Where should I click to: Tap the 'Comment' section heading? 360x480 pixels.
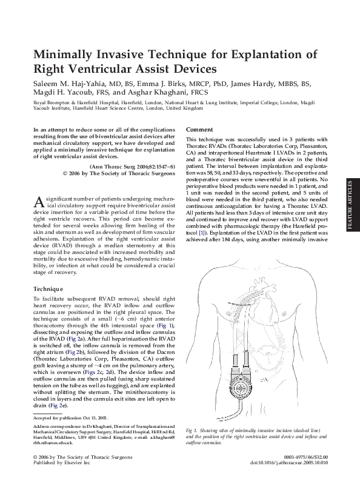[x=199, y=130]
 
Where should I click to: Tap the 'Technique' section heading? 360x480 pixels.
[x=48, y=290]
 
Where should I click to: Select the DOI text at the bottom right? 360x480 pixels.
[x=289, y=462]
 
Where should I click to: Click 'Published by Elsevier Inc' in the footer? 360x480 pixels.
[x=61, y=462]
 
